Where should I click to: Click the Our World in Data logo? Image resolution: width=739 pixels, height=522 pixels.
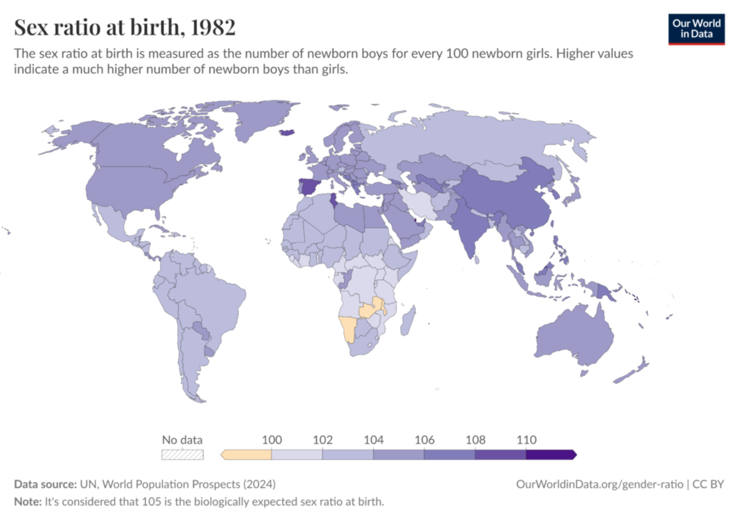[x=696, y=29]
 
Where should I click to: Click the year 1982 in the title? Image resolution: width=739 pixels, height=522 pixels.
[x=213, y=27]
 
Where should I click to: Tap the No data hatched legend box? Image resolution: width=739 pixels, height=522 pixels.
[x=182, y=454]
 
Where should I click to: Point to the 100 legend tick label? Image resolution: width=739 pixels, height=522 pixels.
[x=272, y=440]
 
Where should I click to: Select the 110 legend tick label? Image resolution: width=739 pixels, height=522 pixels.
[x=526, y=440]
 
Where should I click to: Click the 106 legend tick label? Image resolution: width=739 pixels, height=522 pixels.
[x=424, y=440]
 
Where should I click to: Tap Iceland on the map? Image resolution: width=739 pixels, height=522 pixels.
[x=287, y=132]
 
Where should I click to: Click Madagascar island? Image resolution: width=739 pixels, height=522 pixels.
[x=407, y=321]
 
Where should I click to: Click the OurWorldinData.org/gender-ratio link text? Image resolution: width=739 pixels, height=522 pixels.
[x=599, y=484]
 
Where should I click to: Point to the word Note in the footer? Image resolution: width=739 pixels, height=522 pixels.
[x=27, y=502]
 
